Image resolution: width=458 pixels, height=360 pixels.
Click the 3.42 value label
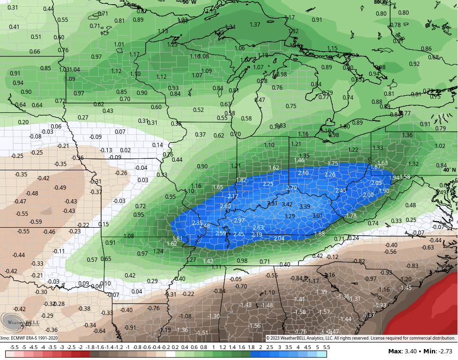(287, 204)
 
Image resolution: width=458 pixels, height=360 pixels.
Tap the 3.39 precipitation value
(305, 206)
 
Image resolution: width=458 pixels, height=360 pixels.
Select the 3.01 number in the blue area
(317, 215)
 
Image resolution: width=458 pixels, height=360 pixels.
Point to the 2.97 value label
(239, 221)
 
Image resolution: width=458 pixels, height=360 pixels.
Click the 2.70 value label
(291, 188)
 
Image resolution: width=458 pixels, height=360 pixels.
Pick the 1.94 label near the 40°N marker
(394, 177)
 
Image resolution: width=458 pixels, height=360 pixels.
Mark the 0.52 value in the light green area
(198, 110)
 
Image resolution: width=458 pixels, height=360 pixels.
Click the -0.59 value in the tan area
(36, 222)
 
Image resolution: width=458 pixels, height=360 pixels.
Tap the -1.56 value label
(255, 325)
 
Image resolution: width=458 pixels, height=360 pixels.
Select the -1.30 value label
(214, 316)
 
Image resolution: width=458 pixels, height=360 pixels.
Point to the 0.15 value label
(103, 224)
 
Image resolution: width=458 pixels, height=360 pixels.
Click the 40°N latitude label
(449, 170)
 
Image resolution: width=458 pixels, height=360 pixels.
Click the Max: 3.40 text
(402, 351)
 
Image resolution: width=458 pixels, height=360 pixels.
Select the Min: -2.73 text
(438, 351)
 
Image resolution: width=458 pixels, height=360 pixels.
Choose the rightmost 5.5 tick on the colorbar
(326, 347)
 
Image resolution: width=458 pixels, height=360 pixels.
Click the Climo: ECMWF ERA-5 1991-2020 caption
(28, 338)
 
